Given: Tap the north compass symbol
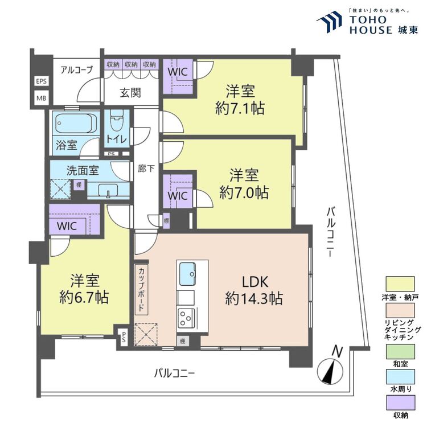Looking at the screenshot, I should [330, 368].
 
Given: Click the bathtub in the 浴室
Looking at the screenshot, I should [75, 122].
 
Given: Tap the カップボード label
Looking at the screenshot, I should [141, 290].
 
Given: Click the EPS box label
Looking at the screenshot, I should [42, 81].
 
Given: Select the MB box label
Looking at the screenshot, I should [42, 98].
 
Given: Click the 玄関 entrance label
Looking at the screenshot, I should [130, 92].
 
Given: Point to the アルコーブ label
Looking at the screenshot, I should [76, 70].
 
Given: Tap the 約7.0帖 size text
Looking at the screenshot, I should [244, 192].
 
